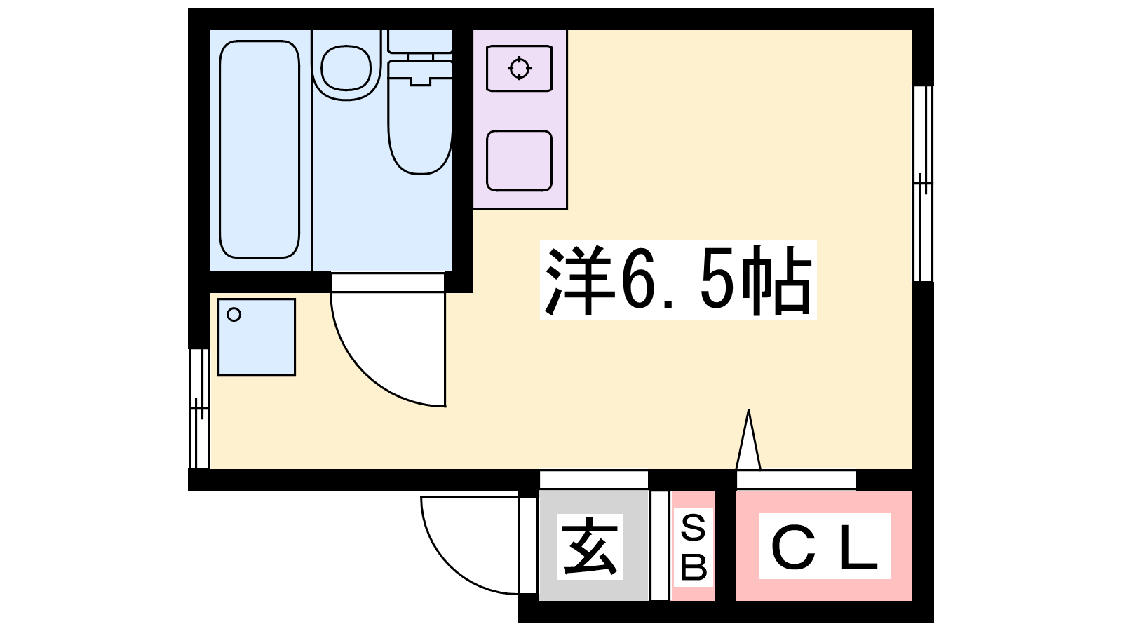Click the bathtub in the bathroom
[259, 149]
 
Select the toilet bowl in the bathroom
[420, 118]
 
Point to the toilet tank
[420, 41]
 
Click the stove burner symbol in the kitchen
[520, 68]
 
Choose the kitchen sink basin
[519, 161]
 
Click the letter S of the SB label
[694, 529]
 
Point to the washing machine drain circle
[234, 315]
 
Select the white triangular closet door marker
[748, 440]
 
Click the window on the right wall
[923, 183]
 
